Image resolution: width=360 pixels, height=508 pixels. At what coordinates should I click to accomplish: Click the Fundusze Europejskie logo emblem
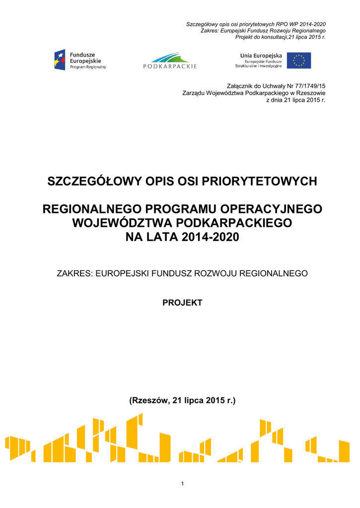60,60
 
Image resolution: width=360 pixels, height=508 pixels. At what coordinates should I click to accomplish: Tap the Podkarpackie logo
170,60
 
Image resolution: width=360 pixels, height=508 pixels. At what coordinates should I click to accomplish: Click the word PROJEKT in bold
182,303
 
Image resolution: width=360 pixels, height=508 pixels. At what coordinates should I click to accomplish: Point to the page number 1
182,484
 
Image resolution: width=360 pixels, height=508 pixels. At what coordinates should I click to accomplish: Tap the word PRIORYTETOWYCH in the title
264,181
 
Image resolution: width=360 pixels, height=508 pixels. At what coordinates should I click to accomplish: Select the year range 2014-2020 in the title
211,238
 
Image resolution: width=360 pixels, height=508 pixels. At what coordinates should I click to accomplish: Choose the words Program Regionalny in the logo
88,66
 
